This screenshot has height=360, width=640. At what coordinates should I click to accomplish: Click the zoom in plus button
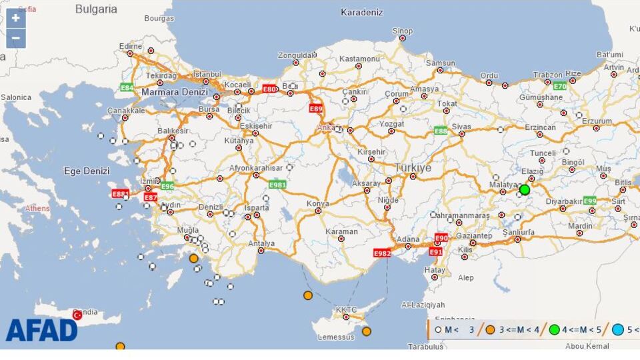coord(16,18)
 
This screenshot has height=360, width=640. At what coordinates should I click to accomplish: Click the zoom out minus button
coord(16,39)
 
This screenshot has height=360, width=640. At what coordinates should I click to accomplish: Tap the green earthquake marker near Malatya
coord(525,189)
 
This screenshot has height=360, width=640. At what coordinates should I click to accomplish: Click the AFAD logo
coord(41,330)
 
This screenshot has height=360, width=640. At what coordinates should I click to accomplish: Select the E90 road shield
coord(441,238)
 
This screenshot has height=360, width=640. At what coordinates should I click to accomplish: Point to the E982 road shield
coord(382,253)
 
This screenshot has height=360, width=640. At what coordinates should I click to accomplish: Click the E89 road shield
coord(316,108)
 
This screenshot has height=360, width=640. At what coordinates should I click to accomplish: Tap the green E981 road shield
coord(277,184)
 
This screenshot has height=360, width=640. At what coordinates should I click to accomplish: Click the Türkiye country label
coord(413,168)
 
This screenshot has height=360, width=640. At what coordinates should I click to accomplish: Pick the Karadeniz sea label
coord(362,12)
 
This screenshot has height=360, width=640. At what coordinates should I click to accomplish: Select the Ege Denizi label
coord(86,171)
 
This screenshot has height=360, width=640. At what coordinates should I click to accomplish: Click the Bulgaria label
coord(96,9)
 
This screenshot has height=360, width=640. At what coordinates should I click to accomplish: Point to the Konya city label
coord(317,203)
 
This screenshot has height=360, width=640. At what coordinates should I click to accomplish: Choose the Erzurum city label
coord(596,121)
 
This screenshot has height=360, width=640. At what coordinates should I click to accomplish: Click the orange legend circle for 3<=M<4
coord(490,329)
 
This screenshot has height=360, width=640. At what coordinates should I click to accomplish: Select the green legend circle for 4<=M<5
coord(554,329)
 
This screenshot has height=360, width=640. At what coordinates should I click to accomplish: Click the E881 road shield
coord(121,194)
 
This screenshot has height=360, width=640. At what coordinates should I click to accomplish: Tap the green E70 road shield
coord(559,86)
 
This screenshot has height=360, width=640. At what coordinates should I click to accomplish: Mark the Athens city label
coord(37,209)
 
